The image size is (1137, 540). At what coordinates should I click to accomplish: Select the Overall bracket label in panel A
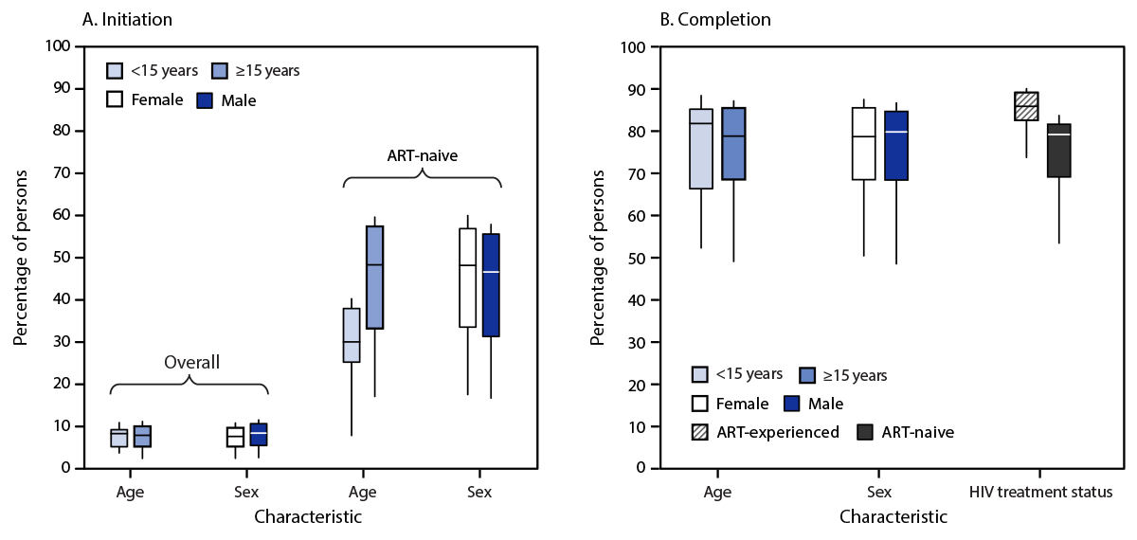191,362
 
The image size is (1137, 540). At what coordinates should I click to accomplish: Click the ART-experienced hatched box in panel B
1026,106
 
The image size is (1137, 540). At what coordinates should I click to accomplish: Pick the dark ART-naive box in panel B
1058,151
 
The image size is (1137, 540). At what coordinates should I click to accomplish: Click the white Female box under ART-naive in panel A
467,278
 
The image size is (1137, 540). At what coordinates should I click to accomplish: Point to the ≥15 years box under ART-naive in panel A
374,277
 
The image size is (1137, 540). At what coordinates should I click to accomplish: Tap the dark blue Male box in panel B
896,146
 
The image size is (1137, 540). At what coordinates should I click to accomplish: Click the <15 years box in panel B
701,149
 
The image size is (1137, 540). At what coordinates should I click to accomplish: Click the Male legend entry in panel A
226,99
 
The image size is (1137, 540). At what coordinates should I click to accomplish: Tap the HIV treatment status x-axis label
1040,493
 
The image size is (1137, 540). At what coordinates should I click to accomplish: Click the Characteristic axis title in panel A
308,518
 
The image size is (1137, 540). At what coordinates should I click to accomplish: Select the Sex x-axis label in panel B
879,493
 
